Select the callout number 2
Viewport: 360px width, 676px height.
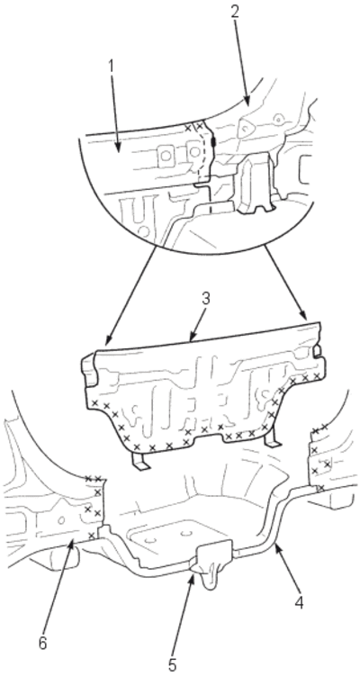tap(234, 12)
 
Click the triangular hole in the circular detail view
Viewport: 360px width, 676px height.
tap(247, 128)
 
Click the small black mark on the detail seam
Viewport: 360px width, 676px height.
tap(213, 141)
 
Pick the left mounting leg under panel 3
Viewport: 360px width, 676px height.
tap(139, 461)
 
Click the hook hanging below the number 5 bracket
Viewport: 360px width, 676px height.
tap(211, 578)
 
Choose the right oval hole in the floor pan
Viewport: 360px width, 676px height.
tap(186, 533)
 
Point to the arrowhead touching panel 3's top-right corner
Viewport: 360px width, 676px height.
tap(303, 318)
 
